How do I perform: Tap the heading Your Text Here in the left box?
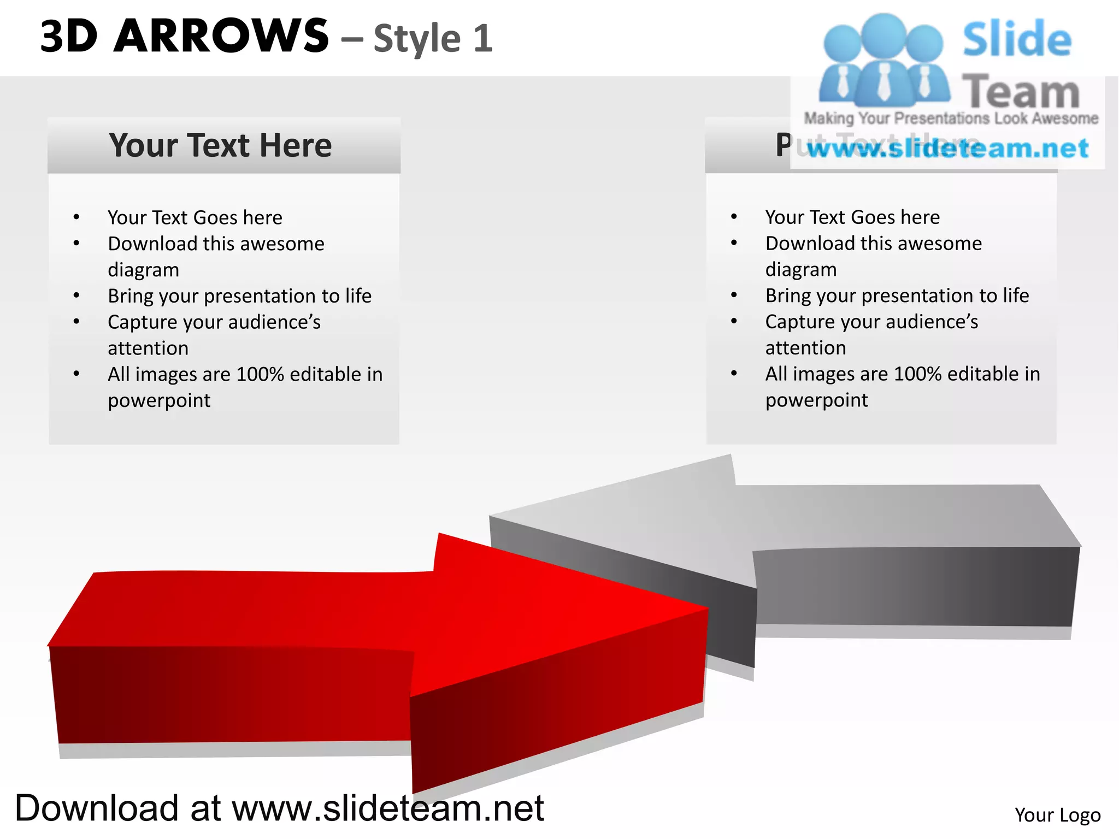(x=220, y=145)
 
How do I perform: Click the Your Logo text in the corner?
(x=1057, y=814)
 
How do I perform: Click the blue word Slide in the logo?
(x=1017, y=39)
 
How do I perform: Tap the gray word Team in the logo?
(x=1021, y=92)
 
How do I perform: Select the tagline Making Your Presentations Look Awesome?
(x=951, y=118)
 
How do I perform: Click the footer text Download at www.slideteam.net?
(x=279, y=808)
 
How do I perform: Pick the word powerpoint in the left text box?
(x=159, y=400)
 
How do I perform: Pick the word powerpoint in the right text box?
(x=816, y=400)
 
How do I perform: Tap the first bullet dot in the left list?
(x=76, y=217)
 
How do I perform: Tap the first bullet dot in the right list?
(x=734, y=217)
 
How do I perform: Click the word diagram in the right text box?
(x=801, y=269)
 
